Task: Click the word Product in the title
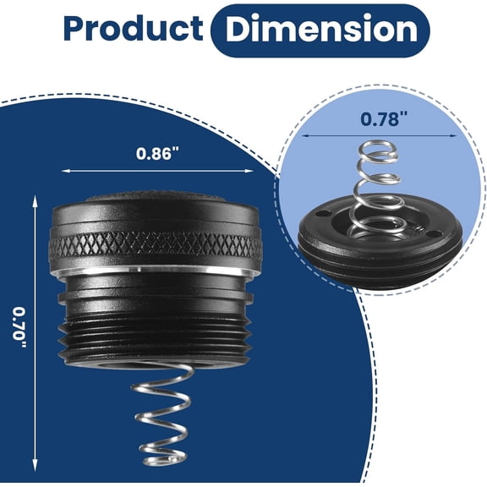[x=134, y=28]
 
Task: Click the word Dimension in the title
[x=321, y=29]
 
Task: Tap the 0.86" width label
[x=158, y=153]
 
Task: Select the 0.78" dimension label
[x=384, y=119]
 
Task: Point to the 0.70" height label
[x=19, y=327]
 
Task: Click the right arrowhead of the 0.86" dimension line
[x=250, y=171]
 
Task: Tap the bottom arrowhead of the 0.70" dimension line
[x=35, y=467]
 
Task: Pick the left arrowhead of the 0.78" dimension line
[x=305, y=136]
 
